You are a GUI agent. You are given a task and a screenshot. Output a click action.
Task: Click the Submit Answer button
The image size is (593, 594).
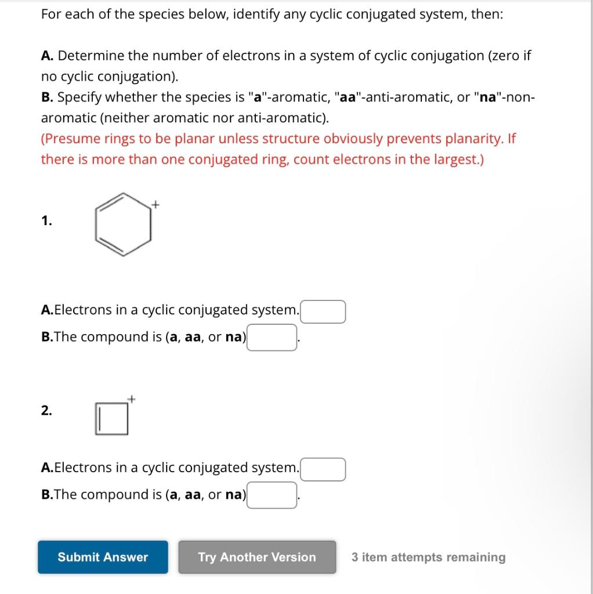pos(103,557)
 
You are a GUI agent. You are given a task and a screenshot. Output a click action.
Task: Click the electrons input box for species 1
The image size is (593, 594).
pos(323,311)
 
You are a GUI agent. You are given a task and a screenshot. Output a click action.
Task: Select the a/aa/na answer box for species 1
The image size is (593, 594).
pos(272,338)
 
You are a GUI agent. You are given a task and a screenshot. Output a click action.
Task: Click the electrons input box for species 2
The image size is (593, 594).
pos(323,469)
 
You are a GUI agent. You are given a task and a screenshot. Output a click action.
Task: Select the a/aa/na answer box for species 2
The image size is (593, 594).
pos(272,495)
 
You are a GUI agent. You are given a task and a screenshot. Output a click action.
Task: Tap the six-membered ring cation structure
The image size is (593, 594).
pos(123,224)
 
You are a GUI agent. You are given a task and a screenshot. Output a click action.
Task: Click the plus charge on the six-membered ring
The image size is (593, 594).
pos(155,204)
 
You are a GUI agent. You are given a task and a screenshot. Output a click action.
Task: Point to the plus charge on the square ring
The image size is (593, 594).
pos(132,399)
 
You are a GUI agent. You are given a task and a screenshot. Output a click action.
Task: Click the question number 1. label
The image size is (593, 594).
pos(46,220)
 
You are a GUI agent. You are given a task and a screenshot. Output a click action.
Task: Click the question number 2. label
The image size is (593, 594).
pos(46,411)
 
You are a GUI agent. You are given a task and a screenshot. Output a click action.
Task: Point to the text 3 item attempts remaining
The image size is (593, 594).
pos(428,557)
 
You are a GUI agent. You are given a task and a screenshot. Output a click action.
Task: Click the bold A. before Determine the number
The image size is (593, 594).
pos(48,56)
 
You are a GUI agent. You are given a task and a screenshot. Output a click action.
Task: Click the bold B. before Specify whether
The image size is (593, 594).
pos(48,97)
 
